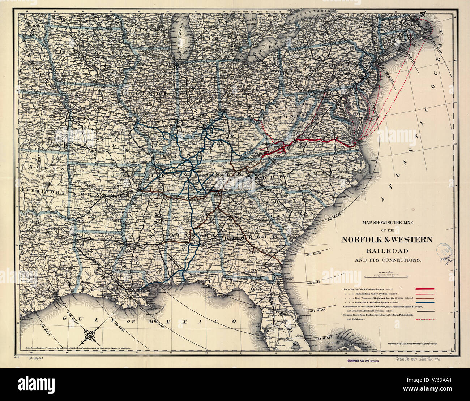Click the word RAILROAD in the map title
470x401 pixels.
(x=387, y=251)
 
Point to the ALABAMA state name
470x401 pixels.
(x=191, y=236)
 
